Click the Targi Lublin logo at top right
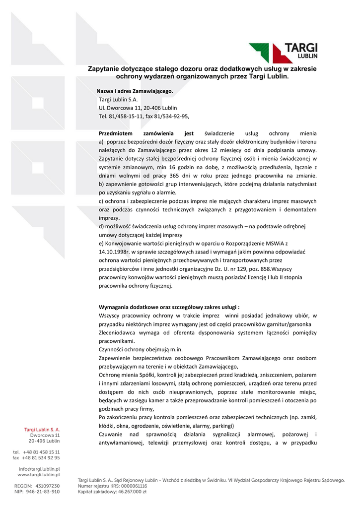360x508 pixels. pos(284,52)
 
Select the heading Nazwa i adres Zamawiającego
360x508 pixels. pos(135,91)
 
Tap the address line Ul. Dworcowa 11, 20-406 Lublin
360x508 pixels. pos(138,108)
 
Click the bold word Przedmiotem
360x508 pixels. pos(116,133)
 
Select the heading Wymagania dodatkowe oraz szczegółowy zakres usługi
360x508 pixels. pos(169,307)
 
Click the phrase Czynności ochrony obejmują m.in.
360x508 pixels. pos(141,349)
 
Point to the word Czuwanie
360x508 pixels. pos(113,434)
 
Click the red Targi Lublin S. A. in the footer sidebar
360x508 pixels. pos(42,429)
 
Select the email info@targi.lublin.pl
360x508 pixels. pos(39,469)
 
